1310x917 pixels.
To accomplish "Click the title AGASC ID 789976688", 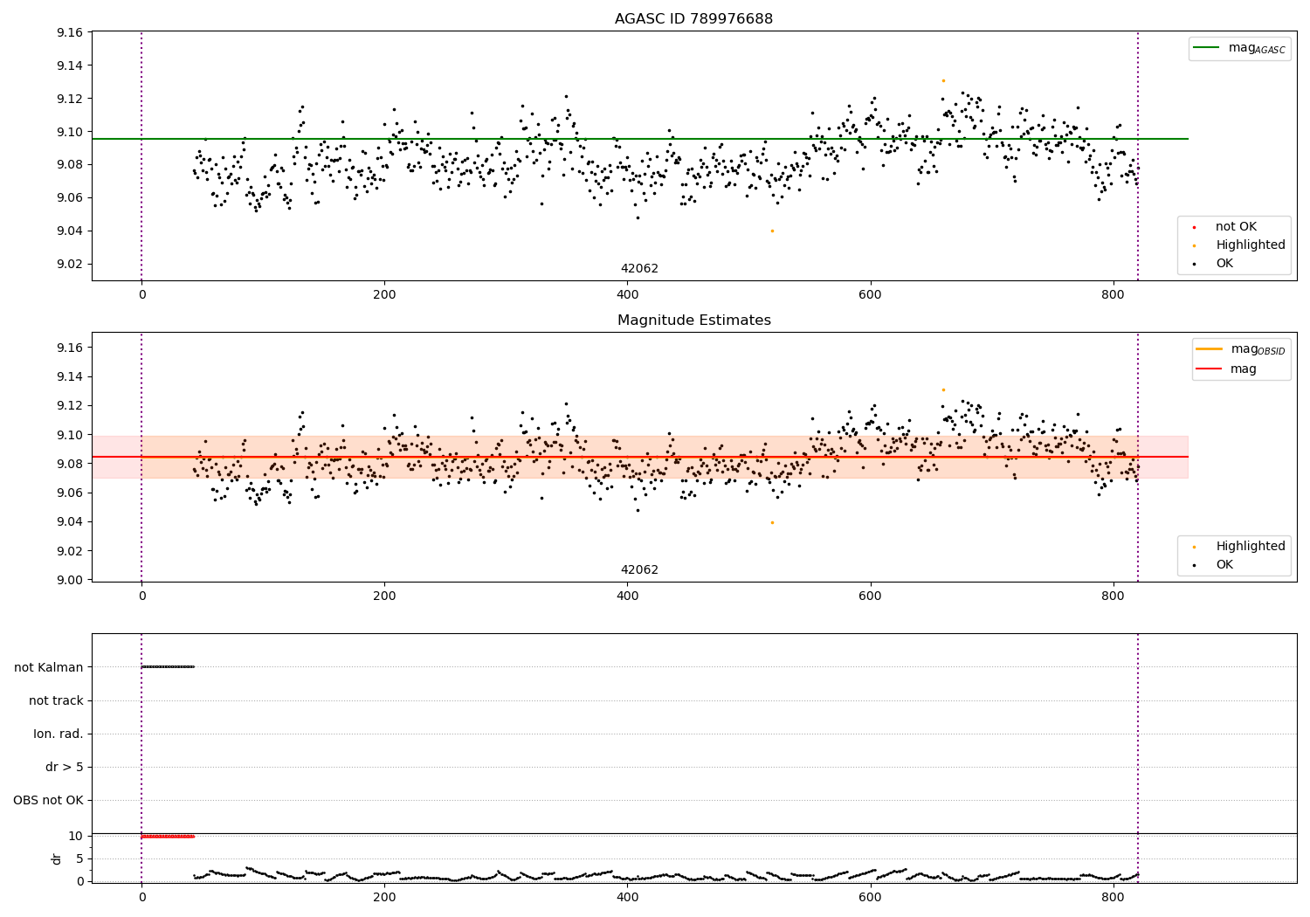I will (693, 19).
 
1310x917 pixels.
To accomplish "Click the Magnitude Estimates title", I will (693, 321).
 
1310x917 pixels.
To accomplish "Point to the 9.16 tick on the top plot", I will (69, 32).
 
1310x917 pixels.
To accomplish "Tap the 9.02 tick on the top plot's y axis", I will (69, 264).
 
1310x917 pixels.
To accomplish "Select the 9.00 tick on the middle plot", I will (69, 580).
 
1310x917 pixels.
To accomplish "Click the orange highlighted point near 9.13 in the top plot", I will (943, 80).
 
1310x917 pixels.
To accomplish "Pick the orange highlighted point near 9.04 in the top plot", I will (772, 231).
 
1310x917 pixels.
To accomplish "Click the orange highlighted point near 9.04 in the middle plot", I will (772, 522).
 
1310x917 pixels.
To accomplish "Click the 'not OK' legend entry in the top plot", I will (1236, 227).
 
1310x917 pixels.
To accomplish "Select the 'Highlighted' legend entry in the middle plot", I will (1250, 547).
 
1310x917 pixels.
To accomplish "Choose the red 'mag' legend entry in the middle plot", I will (1243, 369).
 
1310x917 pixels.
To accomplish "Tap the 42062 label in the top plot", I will (639, 269).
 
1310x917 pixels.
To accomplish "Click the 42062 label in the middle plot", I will (639, 570).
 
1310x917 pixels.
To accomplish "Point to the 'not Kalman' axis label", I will (49, 667).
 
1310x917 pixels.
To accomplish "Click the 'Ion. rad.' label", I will (59, 734).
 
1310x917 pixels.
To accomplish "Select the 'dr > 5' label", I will (65, 768).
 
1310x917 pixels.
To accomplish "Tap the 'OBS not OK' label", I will (48, 801).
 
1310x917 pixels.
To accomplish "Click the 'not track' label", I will (56, 700).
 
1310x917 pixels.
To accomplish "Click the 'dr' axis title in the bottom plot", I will (57, 858).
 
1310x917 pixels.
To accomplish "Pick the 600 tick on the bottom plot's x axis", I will (871, 897).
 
